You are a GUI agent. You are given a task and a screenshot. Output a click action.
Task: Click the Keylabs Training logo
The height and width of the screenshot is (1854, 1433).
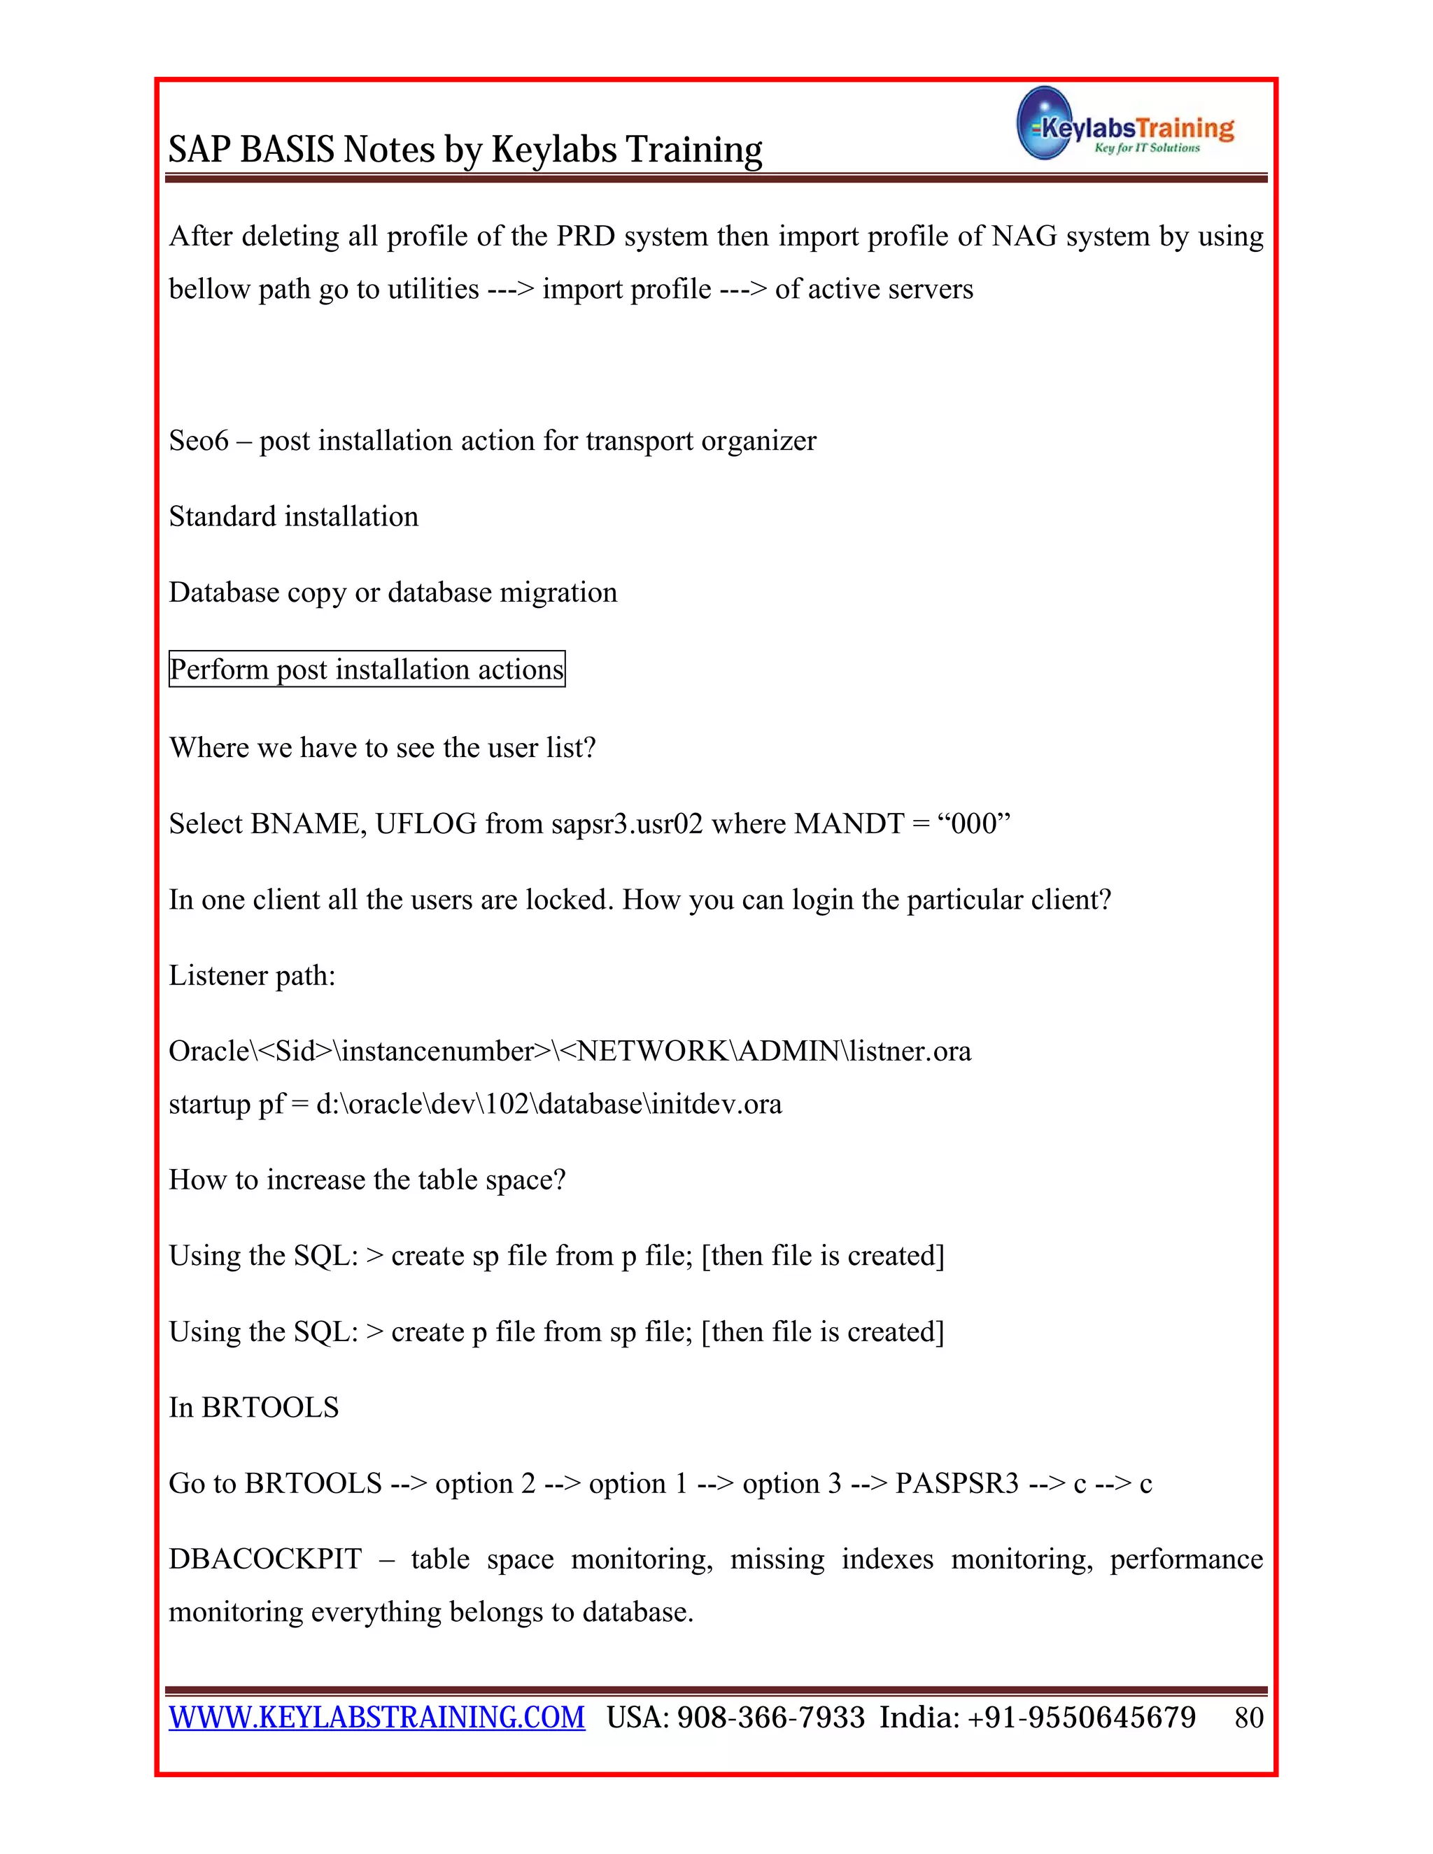pyautogui.click(x=1125, y=126)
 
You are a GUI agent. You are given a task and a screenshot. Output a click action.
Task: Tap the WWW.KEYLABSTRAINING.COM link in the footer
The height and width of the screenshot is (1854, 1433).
pyautogui.click(x=377, y=1718)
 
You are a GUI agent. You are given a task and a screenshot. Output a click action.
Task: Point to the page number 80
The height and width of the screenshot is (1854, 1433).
pyautogui.click(x=1248, y=1718)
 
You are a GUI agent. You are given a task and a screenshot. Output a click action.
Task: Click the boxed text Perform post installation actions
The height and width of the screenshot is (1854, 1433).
pyautogui.click(x=367, y=670)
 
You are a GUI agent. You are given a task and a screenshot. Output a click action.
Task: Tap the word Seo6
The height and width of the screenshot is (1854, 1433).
pyautogui.click(x=199, y=441)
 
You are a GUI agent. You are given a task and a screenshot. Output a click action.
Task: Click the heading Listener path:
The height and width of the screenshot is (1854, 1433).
pyautogui.click(x=252, y=975)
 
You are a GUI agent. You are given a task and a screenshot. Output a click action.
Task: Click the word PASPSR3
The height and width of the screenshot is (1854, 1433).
pyautogui.click(x=956, y=1483)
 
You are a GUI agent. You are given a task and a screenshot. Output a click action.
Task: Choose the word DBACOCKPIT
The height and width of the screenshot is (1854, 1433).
pyautogui.click(x=265, y=1559)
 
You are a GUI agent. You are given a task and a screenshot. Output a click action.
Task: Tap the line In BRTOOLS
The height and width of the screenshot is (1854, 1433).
pyautogui.click(x=254, y=1408)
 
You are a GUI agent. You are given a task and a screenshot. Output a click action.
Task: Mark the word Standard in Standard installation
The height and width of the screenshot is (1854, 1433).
pyautogui.click(x=223, y=517)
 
